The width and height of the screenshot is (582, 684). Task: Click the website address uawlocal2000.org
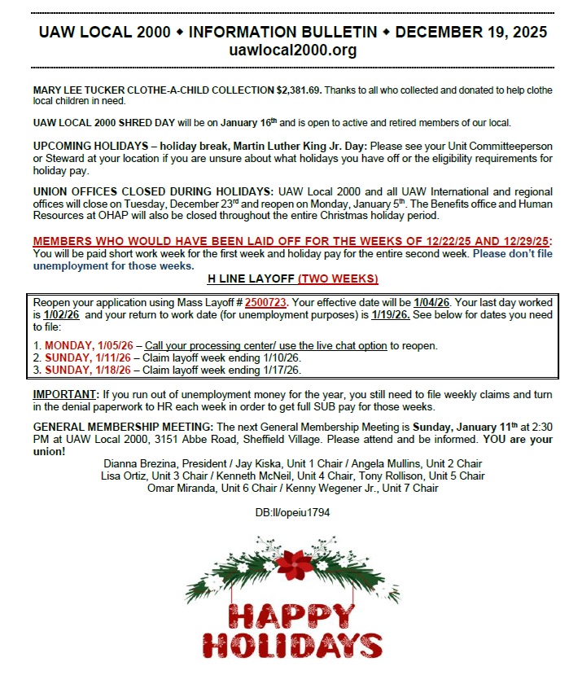(x=292, y=50)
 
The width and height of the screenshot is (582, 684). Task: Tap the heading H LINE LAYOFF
(x=251, y=278)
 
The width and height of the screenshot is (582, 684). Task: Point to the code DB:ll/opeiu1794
(x=292, y=513)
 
